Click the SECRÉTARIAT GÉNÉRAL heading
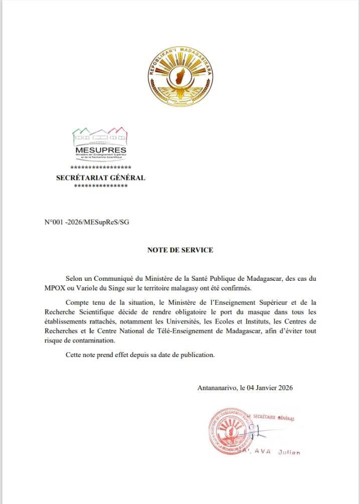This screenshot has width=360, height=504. coord(100,178)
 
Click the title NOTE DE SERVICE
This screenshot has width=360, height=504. coord(180,250)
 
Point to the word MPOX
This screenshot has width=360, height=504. coord(55,288)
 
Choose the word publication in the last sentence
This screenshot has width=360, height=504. coord(196,355)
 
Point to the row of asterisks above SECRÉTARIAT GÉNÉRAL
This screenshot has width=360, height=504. coord(100,167)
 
